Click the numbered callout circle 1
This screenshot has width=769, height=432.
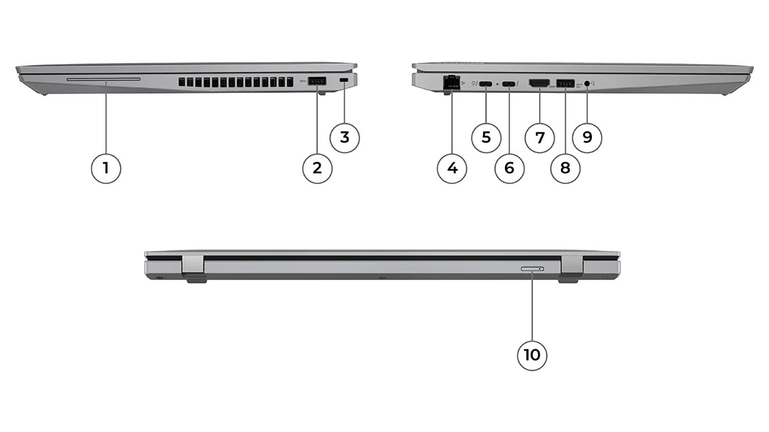coord(106,168)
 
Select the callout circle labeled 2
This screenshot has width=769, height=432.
coord(317,168)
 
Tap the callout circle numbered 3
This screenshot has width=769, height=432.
coord(345,137)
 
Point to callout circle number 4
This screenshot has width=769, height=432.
coord(452,168)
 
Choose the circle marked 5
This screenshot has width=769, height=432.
coord(486,137)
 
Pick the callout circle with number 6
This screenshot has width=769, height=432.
coord(509,168)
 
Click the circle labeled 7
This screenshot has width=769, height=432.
coord(540,137)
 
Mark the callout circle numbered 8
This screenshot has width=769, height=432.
coord(565,168)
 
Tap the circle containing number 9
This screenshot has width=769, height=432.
coord(587,137)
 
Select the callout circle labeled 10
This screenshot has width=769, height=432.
coord(532,355)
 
